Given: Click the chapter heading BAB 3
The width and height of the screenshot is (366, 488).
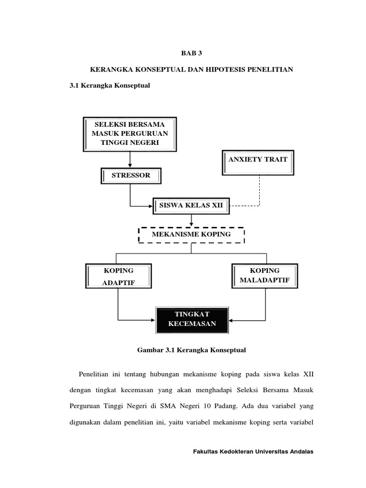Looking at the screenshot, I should click(x=192, y=54).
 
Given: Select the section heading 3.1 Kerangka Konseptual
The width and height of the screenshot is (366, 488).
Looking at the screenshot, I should click(x=110, y=86).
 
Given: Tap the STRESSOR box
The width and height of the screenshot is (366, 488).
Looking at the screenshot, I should click(x=131, y=175).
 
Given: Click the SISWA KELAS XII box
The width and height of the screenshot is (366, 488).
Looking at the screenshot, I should click(x=191, y=206).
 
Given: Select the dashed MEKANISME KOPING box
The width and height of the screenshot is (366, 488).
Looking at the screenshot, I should click(x=191, y=234).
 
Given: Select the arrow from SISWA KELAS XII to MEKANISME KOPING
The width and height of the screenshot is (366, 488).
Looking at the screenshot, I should click(x=191, y=220).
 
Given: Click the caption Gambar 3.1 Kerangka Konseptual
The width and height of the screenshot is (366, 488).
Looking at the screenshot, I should click(x=192, y=350).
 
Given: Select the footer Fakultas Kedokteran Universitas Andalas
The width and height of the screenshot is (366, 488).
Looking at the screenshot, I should click(x=253, y=452).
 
